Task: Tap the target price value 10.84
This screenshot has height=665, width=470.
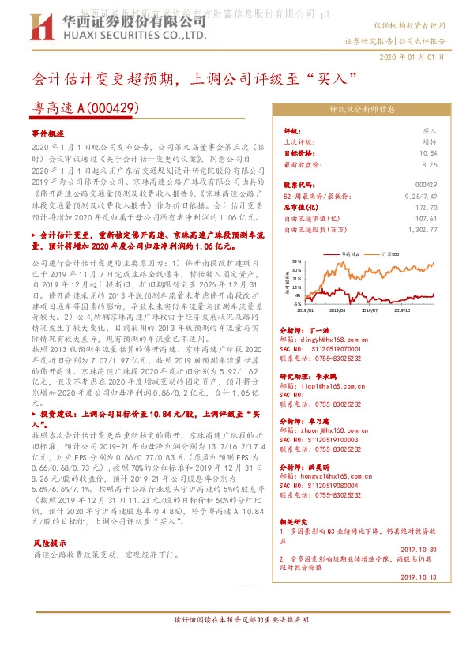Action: pos(428,153)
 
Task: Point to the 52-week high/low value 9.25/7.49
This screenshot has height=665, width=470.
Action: pos(421,195)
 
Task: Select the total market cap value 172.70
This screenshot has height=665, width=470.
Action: pos(427,206)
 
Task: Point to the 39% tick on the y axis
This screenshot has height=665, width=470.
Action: pos(296,260)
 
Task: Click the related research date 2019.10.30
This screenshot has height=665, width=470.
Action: pos(419,547)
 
